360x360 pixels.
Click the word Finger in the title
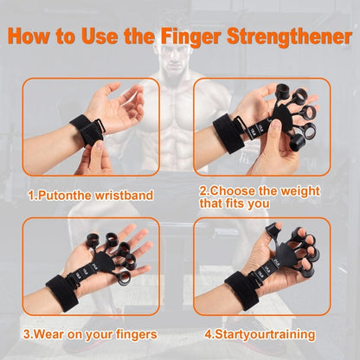pos(203,37)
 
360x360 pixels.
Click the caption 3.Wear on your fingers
pos(91,334)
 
